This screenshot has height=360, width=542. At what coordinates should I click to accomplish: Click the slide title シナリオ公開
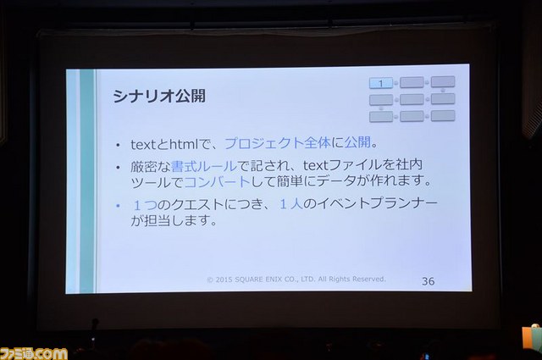[159, 96]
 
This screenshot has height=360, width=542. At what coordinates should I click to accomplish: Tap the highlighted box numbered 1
[381, 83]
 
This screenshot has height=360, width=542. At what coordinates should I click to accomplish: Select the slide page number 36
[428, 281]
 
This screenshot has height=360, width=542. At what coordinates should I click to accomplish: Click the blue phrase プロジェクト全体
[278, 142]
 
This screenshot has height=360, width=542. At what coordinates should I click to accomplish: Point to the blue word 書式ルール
[204, 166]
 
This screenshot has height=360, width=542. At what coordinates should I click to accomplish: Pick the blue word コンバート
[217, 181]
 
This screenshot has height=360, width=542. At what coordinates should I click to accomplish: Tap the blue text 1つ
[145, 205]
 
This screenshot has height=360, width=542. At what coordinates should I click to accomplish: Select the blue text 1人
[291, 204]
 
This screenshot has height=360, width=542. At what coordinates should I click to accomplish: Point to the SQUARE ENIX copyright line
[296, 279]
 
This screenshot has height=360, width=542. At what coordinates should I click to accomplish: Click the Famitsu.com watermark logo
[34, 353]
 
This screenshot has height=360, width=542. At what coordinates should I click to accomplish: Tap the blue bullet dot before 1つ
[118, 206]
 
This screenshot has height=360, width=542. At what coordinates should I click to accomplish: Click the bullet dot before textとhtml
[118, 145]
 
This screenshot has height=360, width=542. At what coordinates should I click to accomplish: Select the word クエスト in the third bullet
[197, 204]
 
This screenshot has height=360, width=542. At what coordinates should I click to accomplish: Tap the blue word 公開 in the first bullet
[357, 141]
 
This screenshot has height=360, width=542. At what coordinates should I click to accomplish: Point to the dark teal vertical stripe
[87, 181]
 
